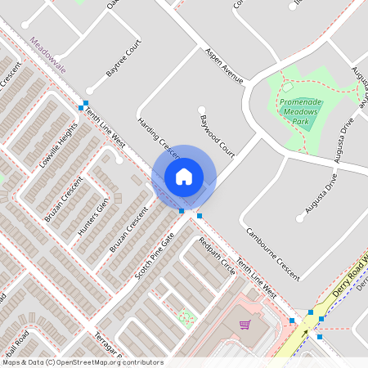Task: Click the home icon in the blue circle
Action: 184,176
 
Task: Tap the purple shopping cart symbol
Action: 244,325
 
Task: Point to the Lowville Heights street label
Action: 58,145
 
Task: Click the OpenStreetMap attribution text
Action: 83,361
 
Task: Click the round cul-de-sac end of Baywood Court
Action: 201,110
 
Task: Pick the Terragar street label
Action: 107,348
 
